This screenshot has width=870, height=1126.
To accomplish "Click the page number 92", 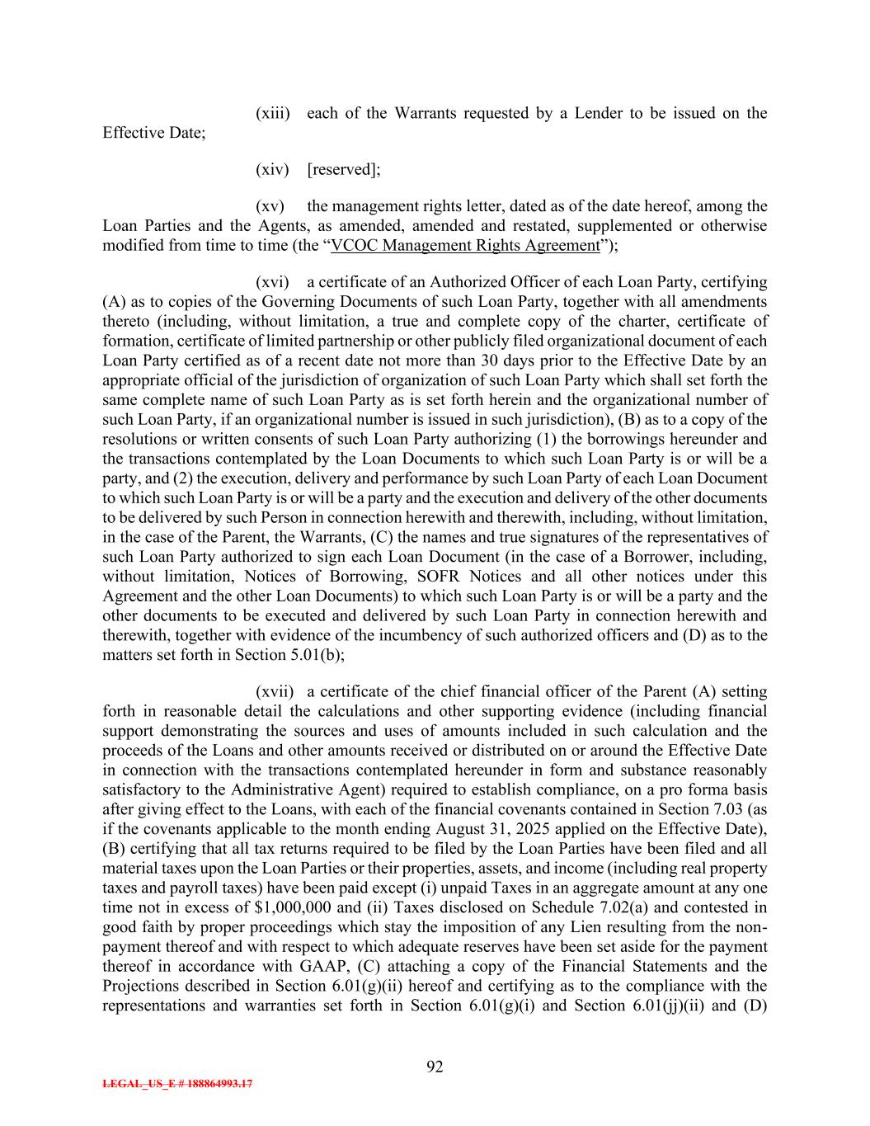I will pyautogui.click(x=435, y=1067).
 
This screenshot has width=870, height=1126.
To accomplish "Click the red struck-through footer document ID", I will pyautogui.click(x=177, y=1084).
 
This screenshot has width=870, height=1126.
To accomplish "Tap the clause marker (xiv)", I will pyautogui.click(x=273, y=169).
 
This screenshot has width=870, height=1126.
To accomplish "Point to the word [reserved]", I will pyautogui.click(x=343, y=169).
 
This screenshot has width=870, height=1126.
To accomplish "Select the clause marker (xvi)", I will pyautogui.click(x=273, y=282).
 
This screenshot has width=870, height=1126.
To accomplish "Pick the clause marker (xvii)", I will pyautogui.click(x=275, y=692).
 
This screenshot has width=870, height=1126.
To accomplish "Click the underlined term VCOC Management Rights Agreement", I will pyautogui.click(x=464, y=245).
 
